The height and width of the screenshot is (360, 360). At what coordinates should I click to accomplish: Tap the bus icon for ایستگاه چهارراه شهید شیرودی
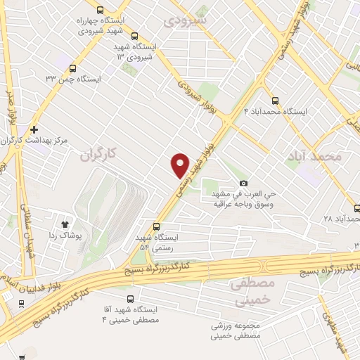click(100, 10)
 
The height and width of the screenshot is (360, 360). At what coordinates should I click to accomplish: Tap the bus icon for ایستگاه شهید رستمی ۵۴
click(156, 226)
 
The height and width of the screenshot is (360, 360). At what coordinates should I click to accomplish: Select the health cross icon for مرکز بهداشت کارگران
click(34, 129)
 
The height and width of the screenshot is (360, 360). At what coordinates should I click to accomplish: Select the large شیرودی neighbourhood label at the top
click(186, 20)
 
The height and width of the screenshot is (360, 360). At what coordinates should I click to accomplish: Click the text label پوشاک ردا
click(84, 237)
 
